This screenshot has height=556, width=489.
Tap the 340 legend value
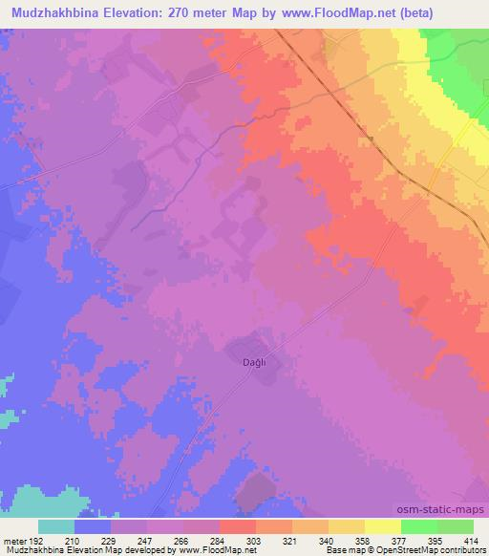click(x=325, y=540)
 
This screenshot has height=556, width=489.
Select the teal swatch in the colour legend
click(x=56, y=526)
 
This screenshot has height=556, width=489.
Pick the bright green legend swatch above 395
click(x=418, y=526)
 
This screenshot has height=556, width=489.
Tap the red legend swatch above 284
click(x=237, y=526)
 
